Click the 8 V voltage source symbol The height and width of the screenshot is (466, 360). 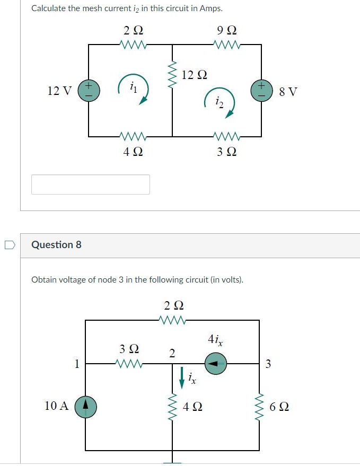coord(261,90)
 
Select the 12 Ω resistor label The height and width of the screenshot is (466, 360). coord(194,75)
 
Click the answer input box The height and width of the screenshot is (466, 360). coord(91,184)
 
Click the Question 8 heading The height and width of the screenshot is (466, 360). coord(57,244)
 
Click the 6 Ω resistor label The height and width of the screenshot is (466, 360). coord(279,408)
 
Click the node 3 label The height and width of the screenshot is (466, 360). coord(268,364)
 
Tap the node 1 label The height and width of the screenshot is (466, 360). coord(77,364)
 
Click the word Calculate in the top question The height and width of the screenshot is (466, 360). coord(49,8)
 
